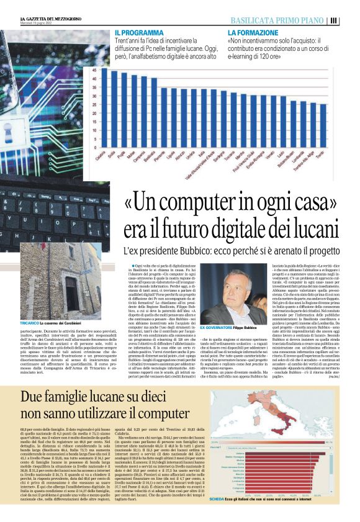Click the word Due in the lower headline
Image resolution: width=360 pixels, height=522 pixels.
click(34, 398)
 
